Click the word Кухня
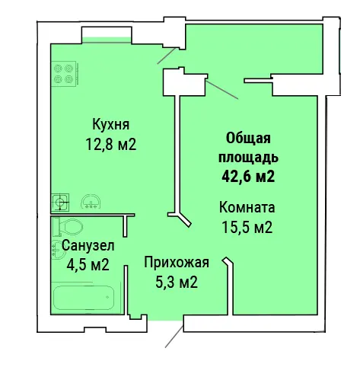(x=111, y=124)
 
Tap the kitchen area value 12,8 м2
(x=111, y=145)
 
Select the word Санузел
(x=88, y=245)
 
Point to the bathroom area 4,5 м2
(x=88, y=264)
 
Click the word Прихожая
(x=177, y=263)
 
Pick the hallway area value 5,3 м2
(x=177, y=282)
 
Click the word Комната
(x=247, y=207)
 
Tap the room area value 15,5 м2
(x=247, y=227)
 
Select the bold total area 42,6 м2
(x=248, y=176)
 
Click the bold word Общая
(x=248, y=139)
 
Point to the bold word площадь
(x=248, y=158)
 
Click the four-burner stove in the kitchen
(x=64, y=73)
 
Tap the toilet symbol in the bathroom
(x=68, y=227)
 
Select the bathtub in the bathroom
(x=84, y=298)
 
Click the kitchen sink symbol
(x=91, y=202)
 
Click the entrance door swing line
(x=174, y=337)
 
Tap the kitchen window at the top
(x=107, y=40)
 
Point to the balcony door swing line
(x=222, y=90)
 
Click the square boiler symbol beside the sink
(x=60, y=203)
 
